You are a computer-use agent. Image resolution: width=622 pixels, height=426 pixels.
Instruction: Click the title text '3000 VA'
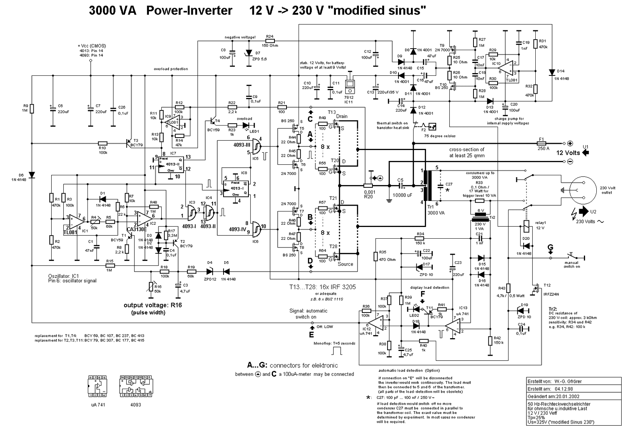coord(112,10)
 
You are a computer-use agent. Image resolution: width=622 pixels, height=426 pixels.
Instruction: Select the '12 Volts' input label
coord(568,153)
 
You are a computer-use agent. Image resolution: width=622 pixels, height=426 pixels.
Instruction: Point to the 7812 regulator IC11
coord(351,85)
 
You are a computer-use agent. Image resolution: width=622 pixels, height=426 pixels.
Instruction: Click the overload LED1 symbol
coord(246,125)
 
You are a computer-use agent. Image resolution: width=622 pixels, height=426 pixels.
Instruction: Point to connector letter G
coord(550,248)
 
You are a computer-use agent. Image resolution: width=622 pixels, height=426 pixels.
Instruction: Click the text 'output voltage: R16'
coord(152,305)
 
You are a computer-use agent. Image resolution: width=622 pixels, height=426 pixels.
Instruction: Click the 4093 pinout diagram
coord(135,386)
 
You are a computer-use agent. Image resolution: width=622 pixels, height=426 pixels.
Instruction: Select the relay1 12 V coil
coord(526,226)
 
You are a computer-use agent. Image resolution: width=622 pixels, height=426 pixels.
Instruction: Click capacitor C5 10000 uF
coord(400,186)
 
